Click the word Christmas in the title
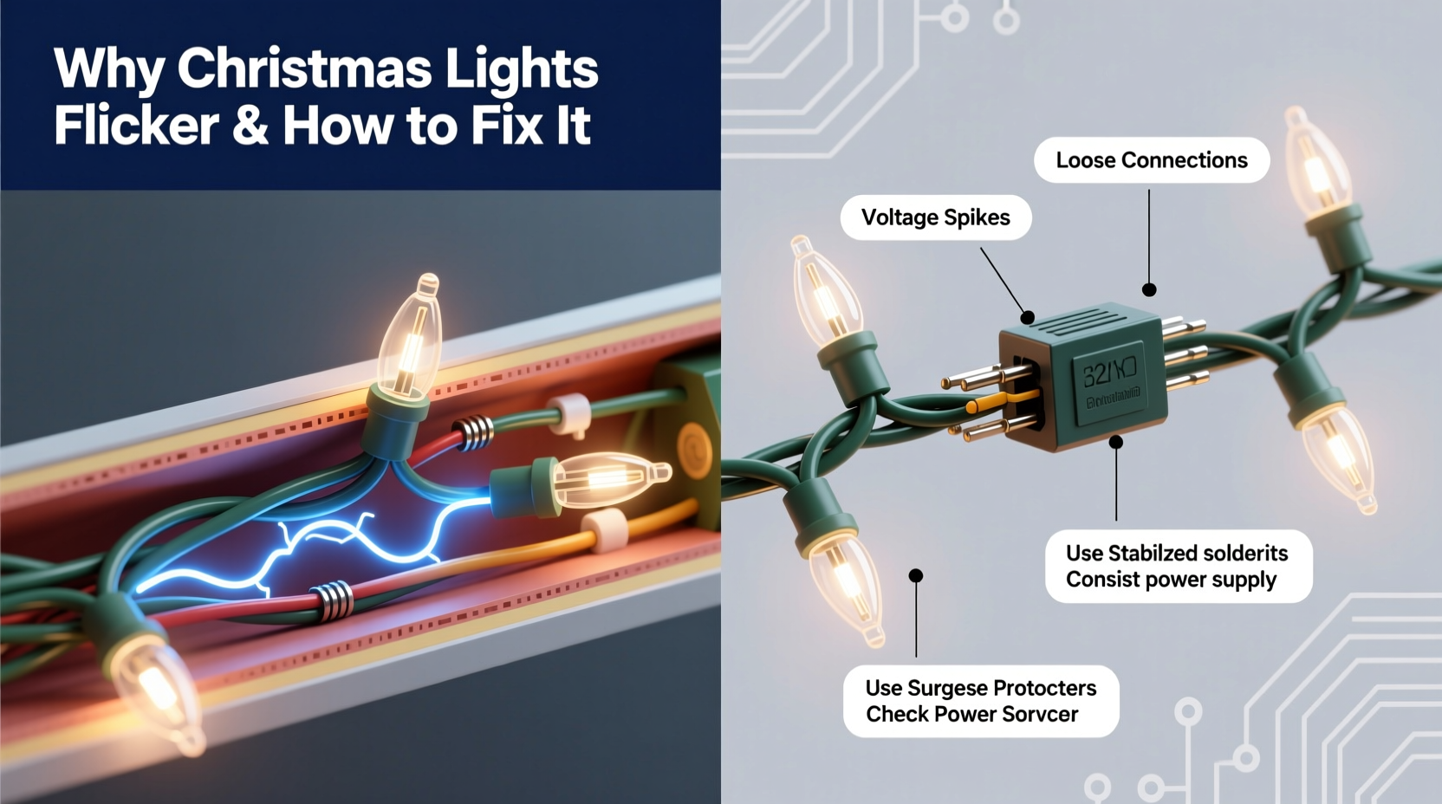click(303, 69)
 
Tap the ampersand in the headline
click(250, 126)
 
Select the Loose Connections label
click(1151, 160)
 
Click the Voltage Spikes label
click(935, 217)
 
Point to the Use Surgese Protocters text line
click(980, 688)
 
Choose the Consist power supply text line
click(1171, 580)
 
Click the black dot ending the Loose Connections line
click(1149, 290)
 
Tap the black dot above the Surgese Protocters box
click(916, 575)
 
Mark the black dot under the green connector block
click(1116, 442)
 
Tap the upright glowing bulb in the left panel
click(412, 334)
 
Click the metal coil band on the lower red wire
click(332, 600)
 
